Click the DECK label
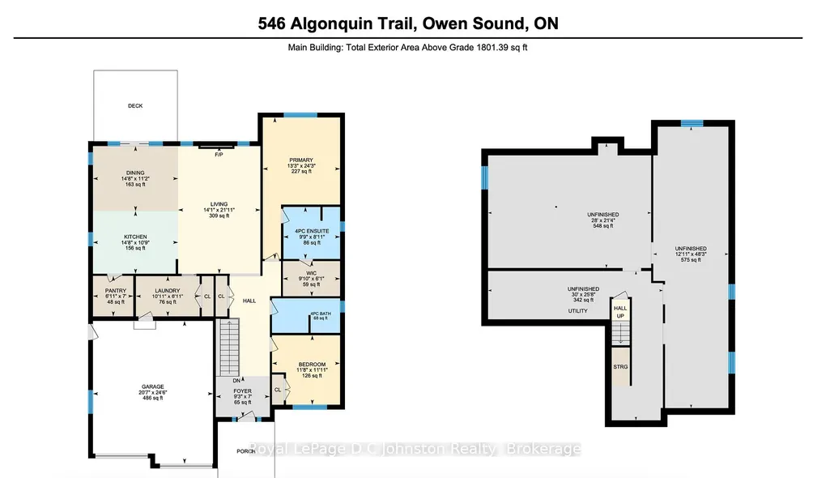[135, 106]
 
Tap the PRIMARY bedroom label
[301, 160]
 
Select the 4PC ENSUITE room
[311, 233]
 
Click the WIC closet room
[311, 279]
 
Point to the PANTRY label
[116, 291]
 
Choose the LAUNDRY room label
[168, 291]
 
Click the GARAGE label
[152, 386]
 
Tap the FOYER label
[243, 391]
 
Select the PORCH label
[246, 451]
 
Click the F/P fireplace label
[219, 155]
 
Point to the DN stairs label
[236, 381]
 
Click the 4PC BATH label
[320, 314]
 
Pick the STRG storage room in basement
[621, 366]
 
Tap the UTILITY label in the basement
[577, 311]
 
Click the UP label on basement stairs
[620, 316]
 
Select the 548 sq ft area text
[603, 226]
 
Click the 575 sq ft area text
[691, 260]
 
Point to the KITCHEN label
[135, 237]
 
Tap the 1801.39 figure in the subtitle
[493, 47]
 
